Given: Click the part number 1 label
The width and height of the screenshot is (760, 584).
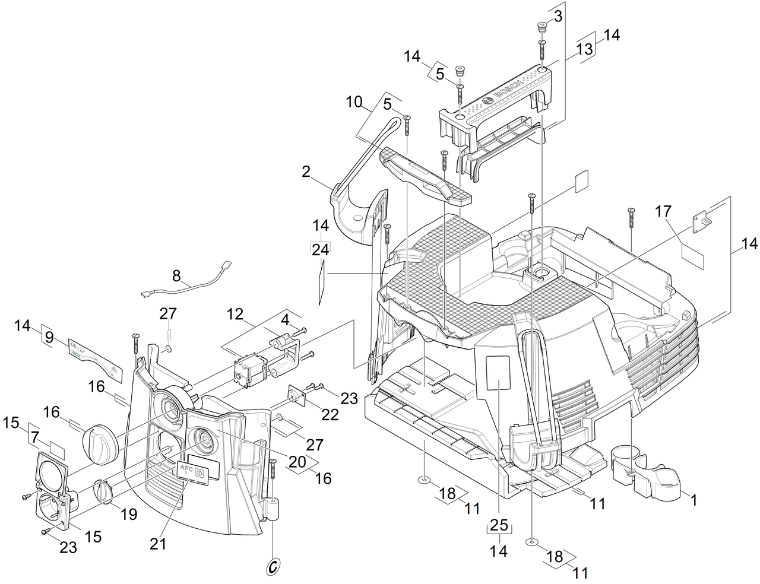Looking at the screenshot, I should (x=691, y=500).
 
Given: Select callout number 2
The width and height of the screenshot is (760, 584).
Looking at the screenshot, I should (x=306, y=172).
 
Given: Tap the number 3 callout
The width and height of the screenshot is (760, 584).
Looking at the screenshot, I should (x=558, y=17).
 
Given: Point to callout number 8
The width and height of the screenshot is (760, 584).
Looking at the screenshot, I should (x=176, y=275).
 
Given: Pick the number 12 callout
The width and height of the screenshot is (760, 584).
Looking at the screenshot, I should (x=235, y=314).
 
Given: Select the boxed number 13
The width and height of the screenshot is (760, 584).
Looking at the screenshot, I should (x=585, y=49).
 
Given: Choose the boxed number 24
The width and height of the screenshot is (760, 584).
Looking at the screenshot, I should (x=320, y=250).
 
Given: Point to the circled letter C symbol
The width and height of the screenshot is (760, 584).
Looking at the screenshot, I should (x=273, y=566).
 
